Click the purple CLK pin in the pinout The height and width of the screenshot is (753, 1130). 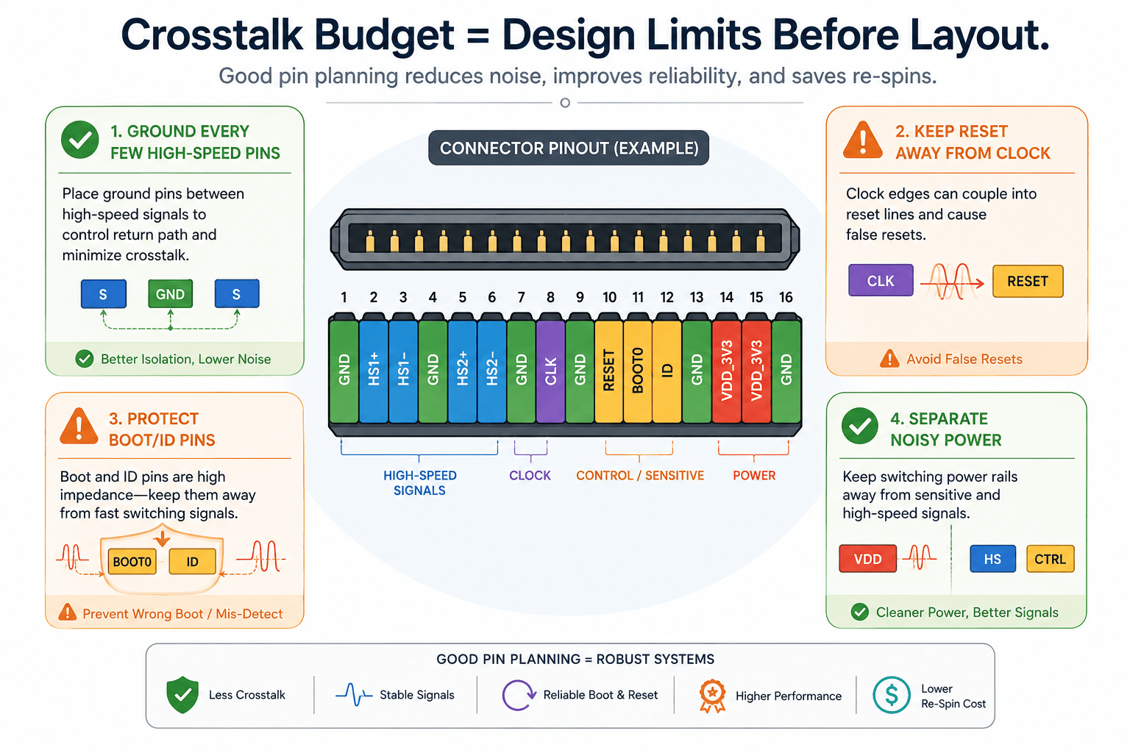[550, 371]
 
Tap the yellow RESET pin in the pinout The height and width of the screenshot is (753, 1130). [609, 371]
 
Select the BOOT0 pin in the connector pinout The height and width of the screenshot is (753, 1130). [638, 371]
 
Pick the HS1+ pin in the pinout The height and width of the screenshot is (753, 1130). [373, 371]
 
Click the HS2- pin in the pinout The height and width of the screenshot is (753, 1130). [492, 371]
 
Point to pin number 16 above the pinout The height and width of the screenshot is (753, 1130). [786, 298]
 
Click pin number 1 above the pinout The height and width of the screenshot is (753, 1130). [344, 298]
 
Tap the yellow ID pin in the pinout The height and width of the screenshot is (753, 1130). [667, 371]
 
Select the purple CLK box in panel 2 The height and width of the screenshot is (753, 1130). [881, 280]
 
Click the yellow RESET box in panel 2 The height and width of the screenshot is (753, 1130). [1028, 281]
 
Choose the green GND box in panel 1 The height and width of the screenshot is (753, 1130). [171, 293]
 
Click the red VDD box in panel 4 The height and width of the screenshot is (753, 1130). [867, 559]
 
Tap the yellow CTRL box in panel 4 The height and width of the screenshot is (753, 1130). [1051, 559]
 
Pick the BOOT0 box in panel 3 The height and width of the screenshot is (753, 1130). [132, 561]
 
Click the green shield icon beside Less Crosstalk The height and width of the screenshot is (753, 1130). [182, 694]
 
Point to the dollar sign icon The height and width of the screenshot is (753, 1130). [892, 695]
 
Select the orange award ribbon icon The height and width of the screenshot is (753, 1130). [712, 696]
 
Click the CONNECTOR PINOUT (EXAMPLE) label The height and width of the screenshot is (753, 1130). [569, 148]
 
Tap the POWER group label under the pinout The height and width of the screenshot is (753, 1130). [753, 476]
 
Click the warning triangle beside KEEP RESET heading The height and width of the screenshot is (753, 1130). [863, 140]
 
